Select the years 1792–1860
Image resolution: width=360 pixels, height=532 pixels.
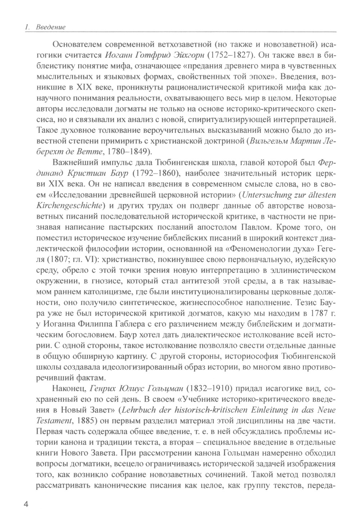(x=156, y=174)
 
